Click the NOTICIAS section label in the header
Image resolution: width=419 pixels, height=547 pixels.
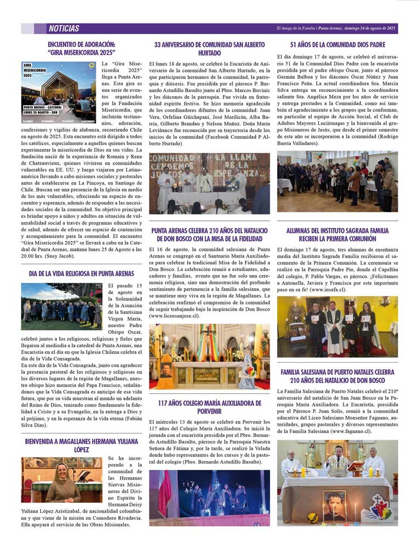(64, 28)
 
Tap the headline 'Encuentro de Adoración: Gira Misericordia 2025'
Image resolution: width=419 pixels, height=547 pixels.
(81, 48)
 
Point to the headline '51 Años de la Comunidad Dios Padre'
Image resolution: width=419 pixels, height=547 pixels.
(337, 44)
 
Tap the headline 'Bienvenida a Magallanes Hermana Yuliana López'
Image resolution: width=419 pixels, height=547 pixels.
(81, 445)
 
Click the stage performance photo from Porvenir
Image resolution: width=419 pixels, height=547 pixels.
(209, 498)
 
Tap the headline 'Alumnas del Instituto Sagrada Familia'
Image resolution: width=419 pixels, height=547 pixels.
(337, 235)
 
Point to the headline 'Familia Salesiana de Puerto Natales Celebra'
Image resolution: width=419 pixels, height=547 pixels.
(337, 376)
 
